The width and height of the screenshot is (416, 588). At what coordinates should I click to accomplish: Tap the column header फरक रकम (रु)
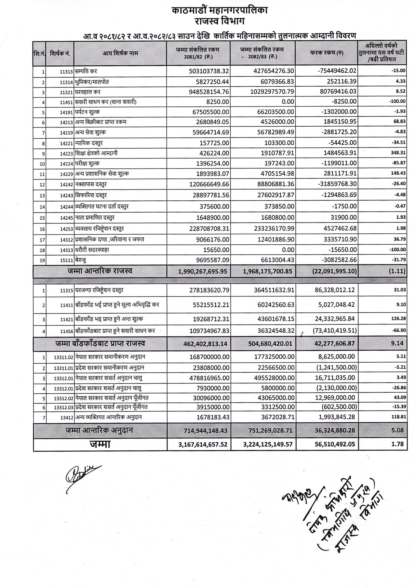327,53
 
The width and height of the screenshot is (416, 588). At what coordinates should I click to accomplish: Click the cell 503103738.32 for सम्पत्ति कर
209,71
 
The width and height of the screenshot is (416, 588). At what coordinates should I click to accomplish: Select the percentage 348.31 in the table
398,153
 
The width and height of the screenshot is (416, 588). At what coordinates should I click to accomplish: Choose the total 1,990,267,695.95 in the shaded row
203,271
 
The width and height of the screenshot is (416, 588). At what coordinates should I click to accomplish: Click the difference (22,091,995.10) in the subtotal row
334,271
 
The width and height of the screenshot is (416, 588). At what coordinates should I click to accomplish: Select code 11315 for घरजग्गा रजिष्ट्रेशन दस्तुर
67,291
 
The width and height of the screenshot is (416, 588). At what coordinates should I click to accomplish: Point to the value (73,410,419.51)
335,331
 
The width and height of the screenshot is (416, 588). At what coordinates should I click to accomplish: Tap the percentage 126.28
399,319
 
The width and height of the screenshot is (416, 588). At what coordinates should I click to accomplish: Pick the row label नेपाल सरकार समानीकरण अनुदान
110,357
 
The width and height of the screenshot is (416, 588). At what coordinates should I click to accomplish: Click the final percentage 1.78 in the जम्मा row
399,444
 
